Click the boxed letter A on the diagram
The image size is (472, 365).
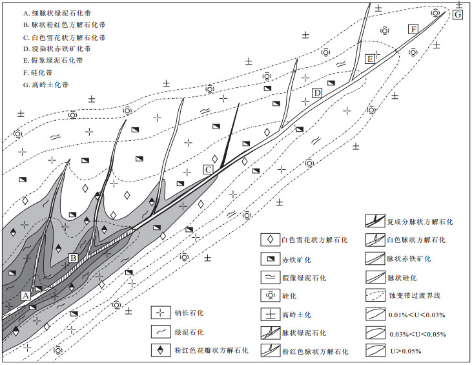point(26,295)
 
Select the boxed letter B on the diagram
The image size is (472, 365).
point(73,258)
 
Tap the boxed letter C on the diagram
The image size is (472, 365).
point(208,169)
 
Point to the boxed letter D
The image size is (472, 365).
point(317,93)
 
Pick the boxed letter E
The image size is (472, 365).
point(370,59)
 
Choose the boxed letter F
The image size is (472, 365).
point(414,29)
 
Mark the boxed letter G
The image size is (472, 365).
point(458,14)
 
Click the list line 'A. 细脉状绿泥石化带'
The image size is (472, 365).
point(57,14)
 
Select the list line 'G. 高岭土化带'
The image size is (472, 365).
point(46,85)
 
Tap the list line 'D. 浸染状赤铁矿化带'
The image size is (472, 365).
point(57,49)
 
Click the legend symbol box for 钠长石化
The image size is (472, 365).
point(160,312)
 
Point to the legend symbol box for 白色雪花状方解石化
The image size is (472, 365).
point(270,240)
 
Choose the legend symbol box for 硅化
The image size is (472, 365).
point(270,295)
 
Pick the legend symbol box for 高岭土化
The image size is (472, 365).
point(270,315)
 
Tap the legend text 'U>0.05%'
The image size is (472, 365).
point(405,351)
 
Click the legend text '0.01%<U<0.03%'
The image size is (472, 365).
point(416,315)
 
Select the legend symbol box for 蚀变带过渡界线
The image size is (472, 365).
point(375,295)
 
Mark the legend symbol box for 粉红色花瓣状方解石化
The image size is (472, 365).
point(160,350)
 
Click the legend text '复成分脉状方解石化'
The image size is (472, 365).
point(420,222)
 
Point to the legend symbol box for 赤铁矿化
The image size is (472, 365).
point(270,258)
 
